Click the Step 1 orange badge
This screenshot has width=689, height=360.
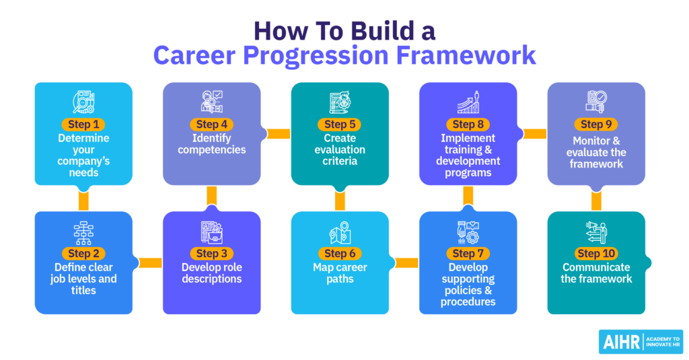(83, 124)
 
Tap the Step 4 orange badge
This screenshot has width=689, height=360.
(212, 124)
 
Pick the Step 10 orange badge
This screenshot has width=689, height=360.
(596, 254)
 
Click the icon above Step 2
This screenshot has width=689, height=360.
(83, 232)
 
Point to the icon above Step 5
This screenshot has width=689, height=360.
(340, 102)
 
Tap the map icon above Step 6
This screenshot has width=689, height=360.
(340, 232)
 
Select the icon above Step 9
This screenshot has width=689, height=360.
(596, 102)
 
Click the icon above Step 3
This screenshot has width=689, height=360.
(212, 232)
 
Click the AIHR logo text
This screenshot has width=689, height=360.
(620, 341)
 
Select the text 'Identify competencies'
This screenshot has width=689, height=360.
(212, 143)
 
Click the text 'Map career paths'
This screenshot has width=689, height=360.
(340, 273)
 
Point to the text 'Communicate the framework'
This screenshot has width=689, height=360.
(596, 273)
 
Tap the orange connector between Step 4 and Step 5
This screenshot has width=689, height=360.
(276, 133)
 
